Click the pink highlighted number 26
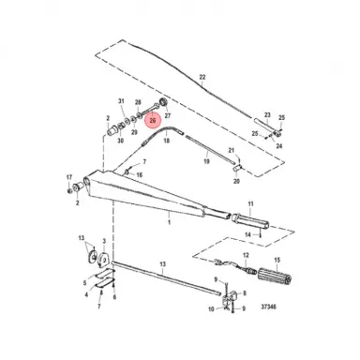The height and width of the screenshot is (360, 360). (153, 120)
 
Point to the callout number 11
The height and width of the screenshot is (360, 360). (250, 203)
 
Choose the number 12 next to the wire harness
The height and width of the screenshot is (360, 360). (247, 254)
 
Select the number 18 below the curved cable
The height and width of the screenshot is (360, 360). (167, 134)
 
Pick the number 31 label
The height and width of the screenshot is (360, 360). (121, 101)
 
